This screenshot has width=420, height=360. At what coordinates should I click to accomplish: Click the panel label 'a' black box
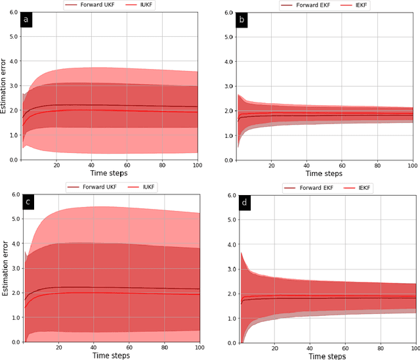[26, 20]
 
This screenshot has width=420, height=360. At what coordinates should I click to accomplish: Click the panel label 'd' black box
[244, 202]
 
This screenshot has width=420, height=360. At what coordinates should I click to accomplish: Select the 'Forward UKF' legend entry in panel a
[93, 5]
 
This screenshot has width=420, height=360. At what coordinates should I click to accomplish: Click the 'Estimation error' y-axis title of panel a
[5, 85]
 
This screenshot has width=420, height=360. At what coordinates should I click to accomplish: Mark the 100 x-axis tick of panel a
[197, 166]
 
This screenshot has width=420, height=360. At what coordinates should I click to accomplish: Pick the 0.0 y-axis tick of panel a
[13, 160]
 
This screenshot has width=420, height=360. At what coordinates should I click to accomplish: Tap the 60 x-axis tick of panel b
[343, 166]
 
